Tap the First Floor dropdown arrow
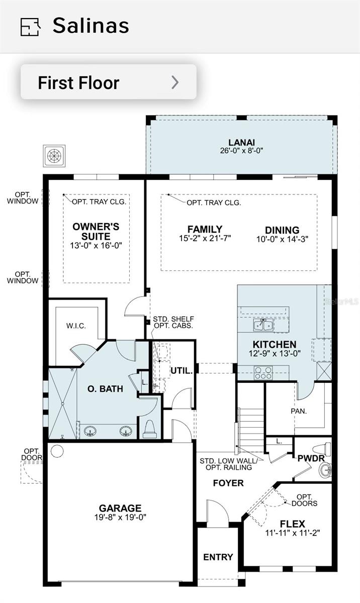pos(175,82)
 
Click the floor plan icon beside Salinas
pos(30,27)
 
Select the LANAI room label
pos(241,142)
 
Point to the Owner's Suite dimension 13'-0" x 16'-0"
pos(96,245)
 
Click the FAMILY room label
pos(205,229)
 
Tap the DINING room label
pos(282,230)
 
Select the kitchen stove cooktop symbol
pos(263,373)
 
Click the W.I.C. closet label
pos(76,326)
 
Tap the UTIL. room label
pos(182,371)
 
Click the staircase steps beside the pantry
pos(250,422)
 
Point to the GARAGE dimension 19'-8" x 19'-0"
pos(120,517)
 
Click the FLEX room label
pos(293,524)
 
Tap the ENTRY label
pos(218,557)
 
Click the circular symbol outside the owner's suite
pos(53,155)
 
